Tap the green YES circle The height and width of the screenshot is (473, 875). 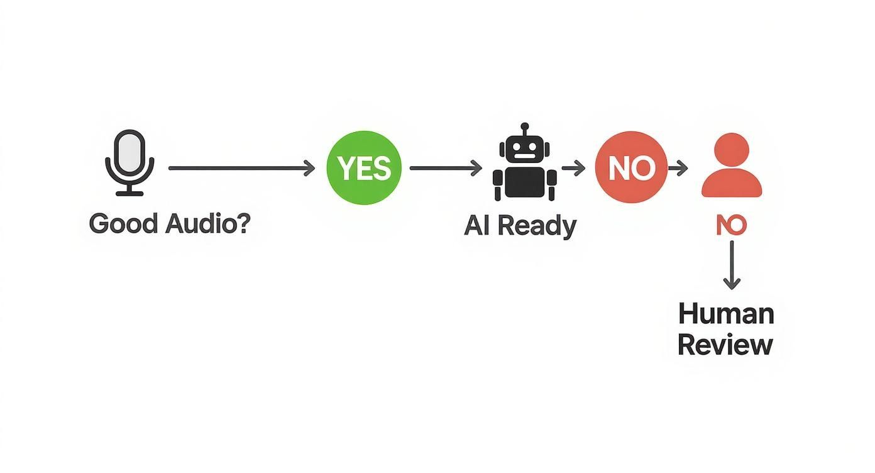pyautogui.click(x=364, y=168)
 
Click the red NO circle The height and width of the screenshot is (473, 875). pyautogui.click(x=631, y=168)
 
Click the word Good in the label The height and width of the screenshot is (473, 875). pyautogui.click(x=123, y=225)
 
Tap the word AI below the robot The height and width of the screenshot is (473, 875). pyautogui.click(x=476, y=226)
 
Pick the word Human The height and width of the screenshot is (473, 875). pyautogui.click(x=726, y=313)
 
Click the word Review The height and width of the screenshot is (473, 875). pyautogui.click(x=725, y=345)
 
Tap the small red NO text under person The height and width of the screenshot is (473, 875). pyautogui.click(x=731, y=225)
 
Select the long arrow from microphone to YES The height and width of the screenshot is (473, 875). pyautogui.click(x=241, y=168)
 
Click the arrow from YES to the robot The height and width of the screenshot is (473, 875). pyautogui.click(x=445, y=168)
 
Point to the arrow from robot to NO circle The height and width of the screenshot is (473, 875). pyautogui.click(x=573, y=168)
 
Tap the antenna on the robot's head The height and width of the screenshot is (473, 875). pyautogui.click(x=524, y=128)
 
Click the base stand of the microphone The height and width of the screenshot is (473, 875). pyautogui.click(x=129, y=192)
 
